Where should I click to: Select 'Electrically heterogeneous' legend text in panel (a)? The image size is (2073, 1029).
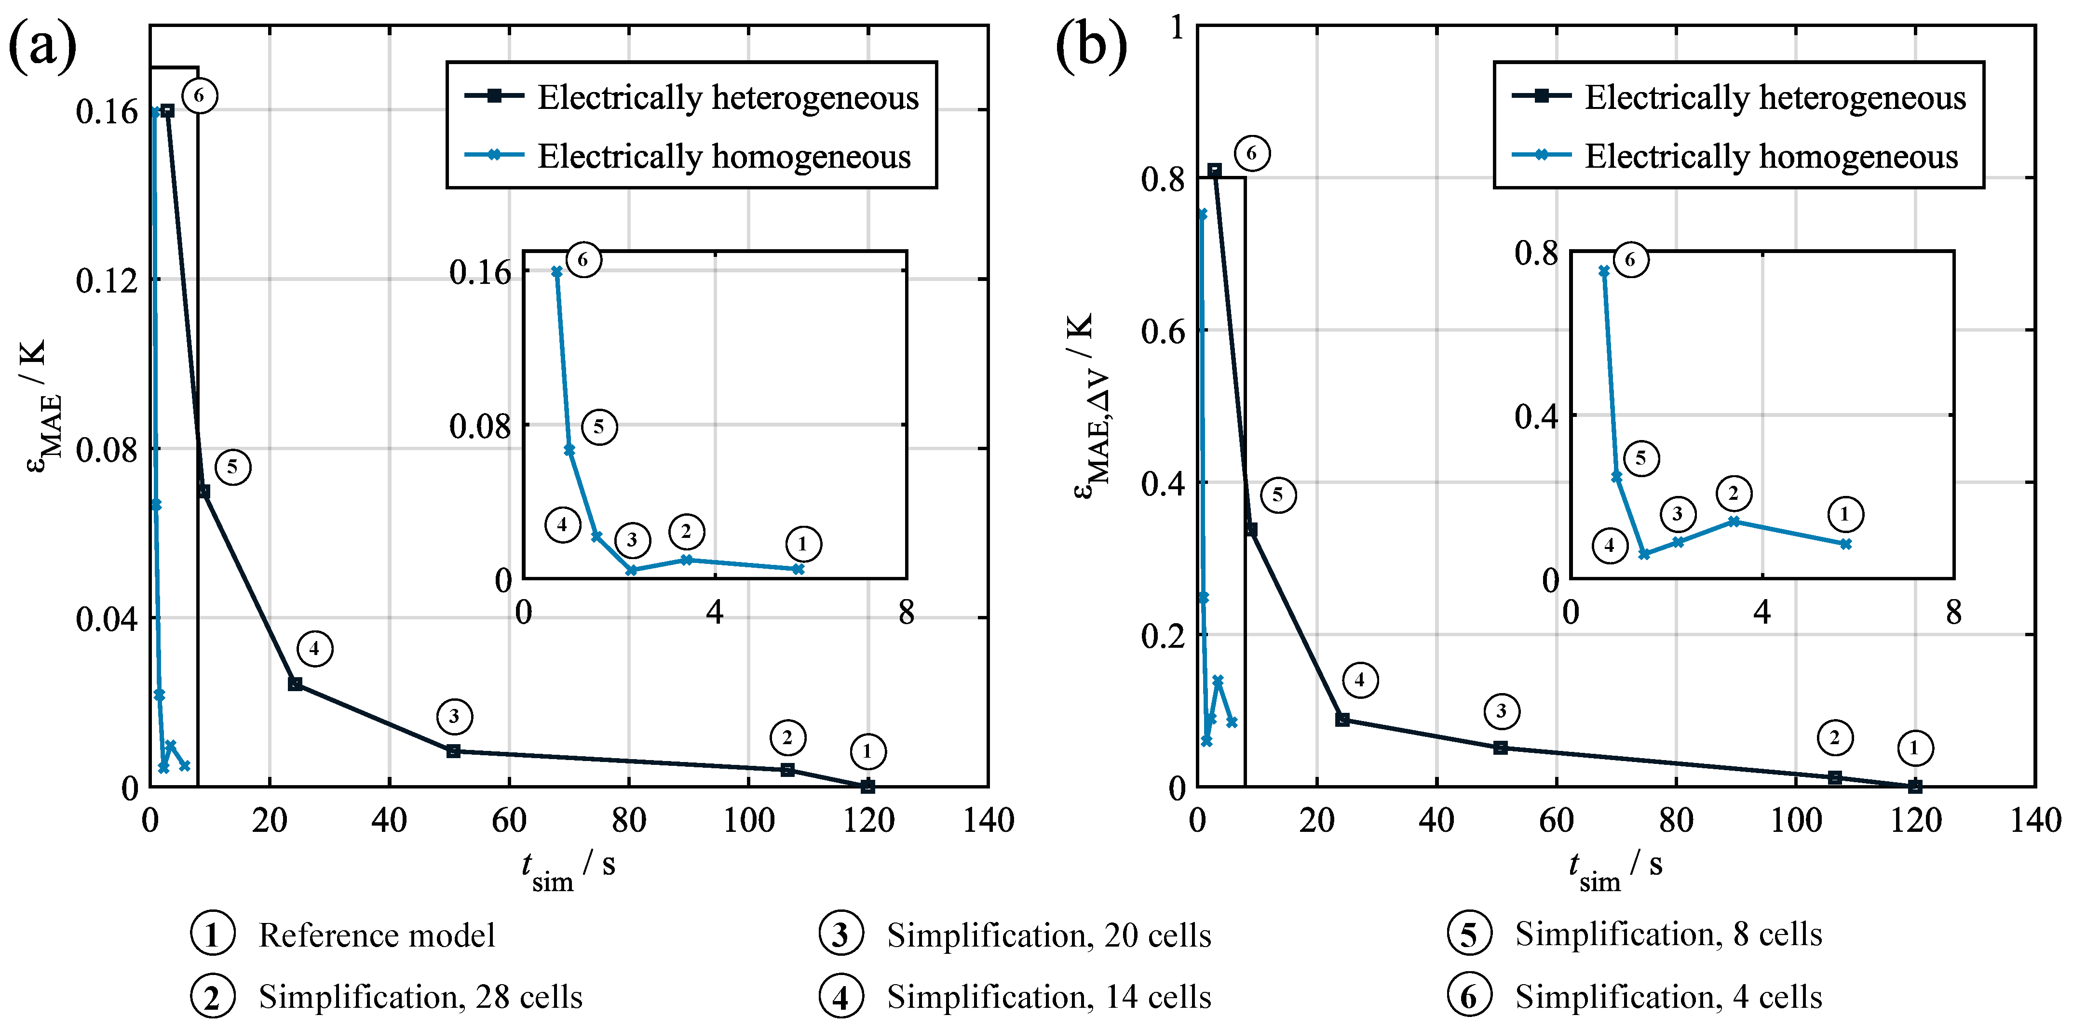pos(728,97)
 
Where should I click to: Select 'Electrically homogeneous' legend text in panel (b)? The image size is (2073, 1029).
pos(1771,156)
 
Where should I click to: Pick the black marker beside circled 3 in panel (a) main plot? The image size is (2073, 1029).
pos(454,750)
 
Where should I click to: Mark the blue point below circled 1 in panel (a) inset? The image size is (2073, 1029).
pos(798,569)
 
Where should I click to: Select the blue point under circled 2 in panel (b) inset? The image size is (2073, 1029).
pos(1734,521)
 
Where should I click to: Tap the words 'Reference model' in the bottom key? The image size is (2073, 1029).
pos(377,935)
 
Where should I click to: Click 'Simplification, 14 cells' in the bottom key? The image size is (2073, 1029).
pos(1049,997)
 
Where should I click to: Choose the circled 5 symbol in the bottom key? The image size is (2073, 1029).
pos(1469,934)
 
